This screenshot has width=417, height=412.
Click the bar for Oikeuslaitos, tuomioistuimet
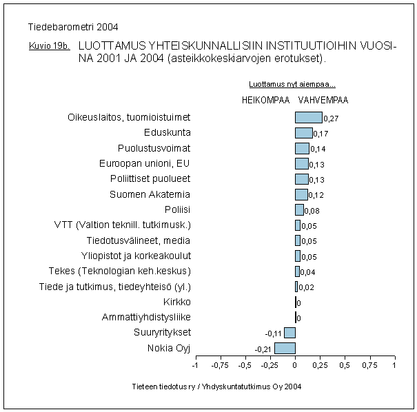(x=308, y=117)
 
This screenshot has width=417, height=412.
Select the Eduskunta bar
(x=303, y=132)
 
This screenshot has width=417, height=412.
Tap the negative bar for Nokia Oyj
(x=285, y=348)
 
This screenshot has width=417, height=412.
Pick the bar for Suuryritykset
(x=289, y=333)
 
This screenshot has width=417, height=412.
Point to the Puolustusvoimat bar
(x=302, y=148)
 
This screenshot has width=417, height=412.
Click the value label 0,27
(x=331, y=119)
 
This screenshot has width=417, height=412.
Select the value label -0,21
(x=263, y=349)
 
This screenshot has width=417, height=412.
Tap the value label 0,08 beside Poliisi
(x=312, y=211)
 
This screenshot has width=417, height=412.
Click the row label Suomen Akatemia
(x=150, y=194)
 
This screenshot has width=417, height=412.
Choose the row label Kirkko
(x=177, y=302)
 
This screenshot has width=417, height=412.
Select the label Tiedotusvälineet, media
(x=139, y=240)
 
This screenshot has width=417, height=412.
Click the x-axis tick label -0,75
(x=221, y=366)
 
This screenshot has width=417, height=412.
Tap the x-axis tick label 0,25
(x=320, y=366)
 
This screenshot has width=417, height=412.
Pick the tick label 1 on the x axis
(x=394, y=366)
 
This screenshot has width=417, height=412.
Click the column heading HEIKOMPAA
(x=265, y=100)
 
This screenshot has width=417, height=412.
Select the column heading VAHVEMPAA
(x=323, y=100)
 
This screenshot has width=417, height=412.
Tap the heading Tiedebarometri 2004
(x=73, y=28)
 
